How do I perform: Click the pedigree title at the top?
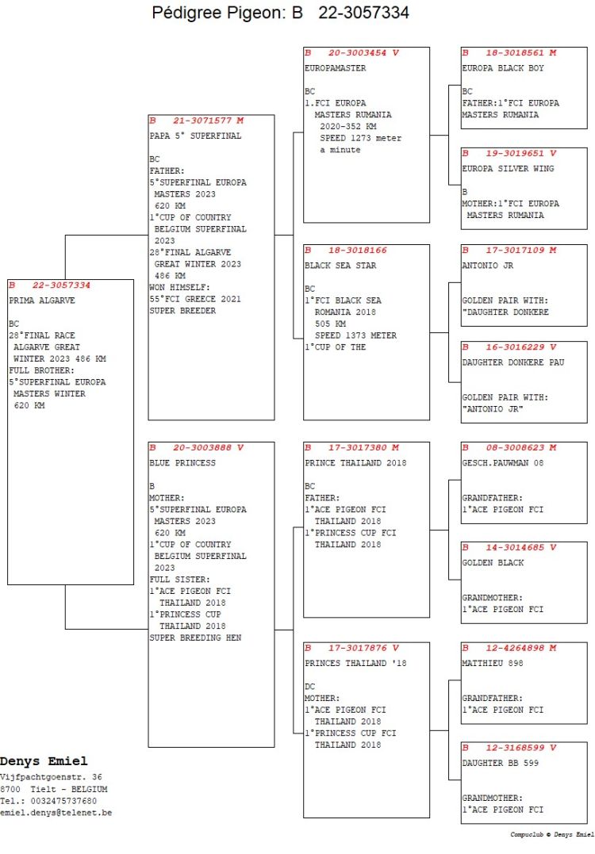pos(280,13)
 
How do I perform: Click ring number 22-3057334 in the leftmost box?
pos(61,285)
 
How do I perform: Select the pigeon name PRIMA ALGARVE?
pos(42,300)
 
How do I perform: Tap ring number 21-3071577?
pos(202,121)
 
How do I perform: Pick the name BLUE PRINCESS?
pos(182,463)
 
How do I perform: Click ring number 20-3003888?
pos(202,448)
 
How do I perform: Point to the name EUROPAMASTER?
pos(335,68)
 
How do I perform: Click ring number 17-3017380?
pos(358,448)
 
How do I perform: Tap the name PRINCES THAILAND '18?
pos(355,664)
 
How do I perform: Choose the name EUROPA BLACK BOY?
pos(503,68)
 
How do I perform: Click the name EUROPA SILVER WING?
pos(508,168)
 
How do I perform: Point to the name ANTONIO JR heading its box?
pos(488,266)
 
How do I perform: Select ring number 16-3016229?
pos(515,347)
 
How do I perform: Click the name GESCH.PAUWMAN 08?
pos(503,463)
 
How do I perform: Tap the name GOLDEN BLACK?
pos(493,563)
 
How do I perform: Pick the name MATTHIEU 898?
pos(493,664)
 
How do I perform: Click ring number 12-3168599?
pos(515,748)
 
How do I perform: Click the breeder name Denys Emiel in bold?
pos(44,761)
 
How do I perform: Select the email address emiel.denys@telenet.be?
pos(56,813)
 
